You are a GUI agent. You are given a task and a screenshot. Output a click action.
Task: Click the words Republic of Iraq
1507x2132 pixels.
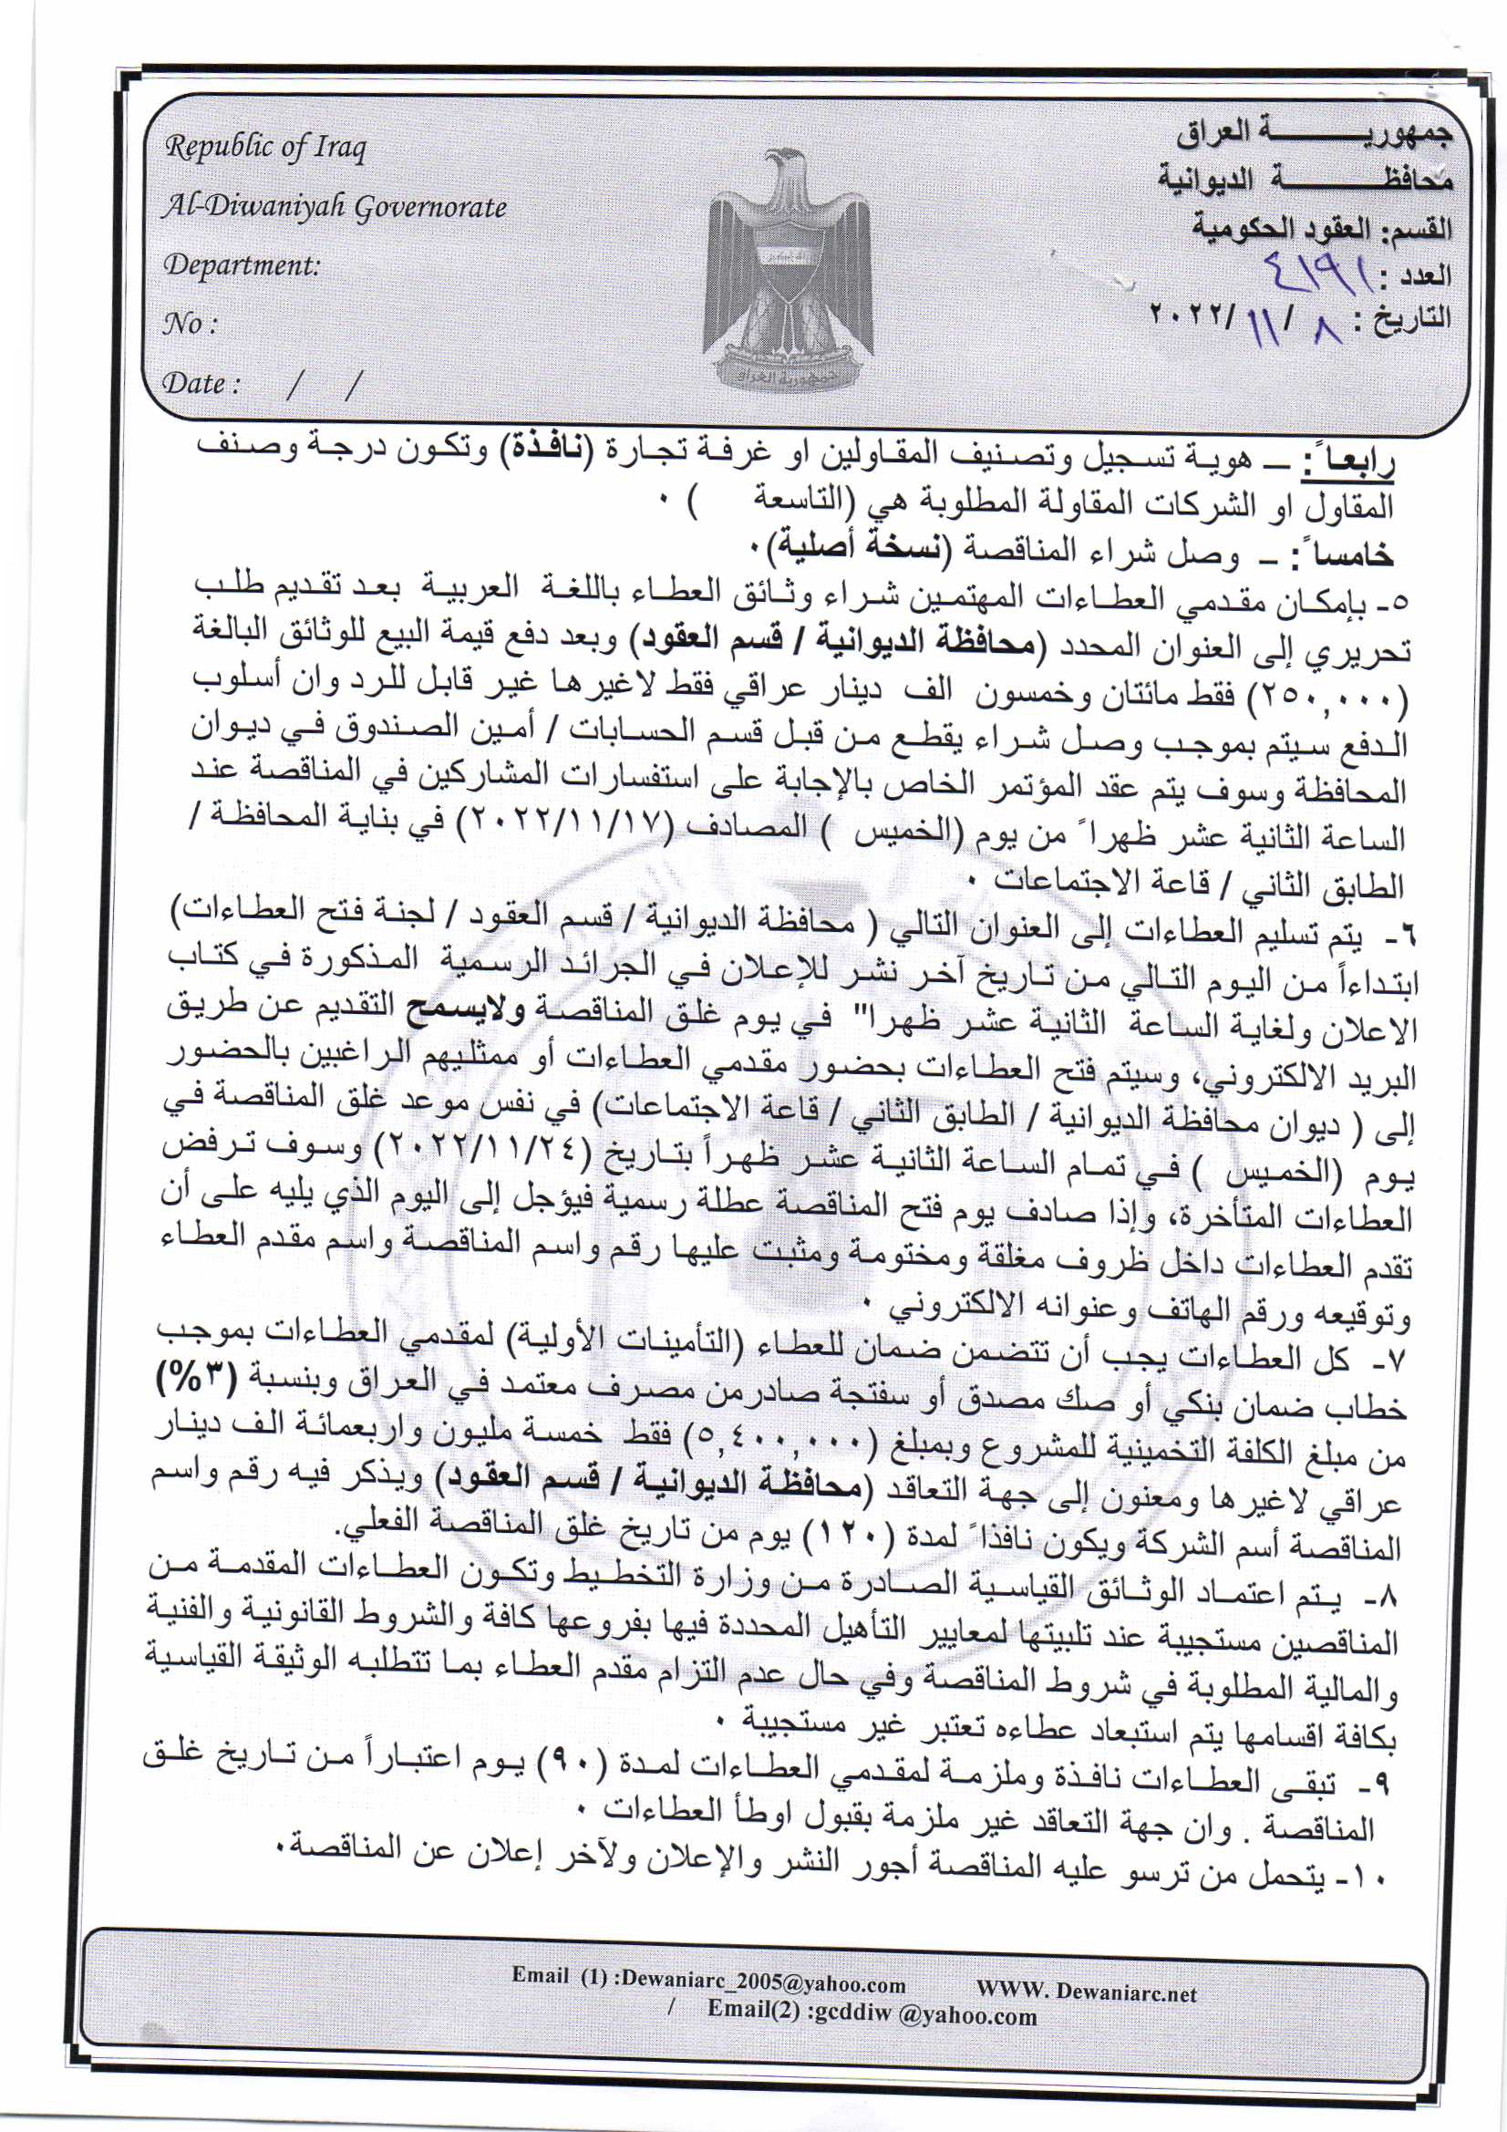265,147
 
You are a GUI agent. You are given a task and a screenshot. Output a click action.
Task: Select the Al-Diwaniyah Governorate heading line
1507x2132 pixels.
335,206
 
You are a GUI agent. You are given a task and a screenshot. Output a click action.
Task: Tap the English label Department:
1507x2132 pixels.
242,265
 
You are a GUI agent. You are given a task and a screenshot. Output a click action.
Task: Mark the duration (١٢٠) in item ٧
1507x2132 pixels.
845,1541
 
